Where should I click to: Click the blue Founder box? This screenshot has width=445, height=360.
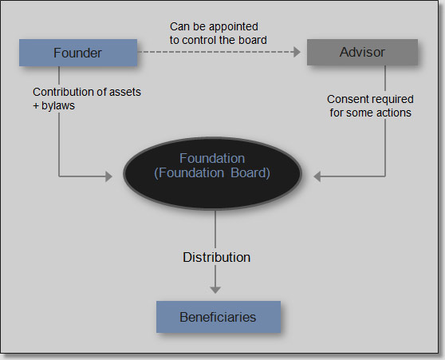click(x=77, y=53)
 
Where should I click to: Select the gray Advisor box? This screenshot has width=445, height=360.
click(x=362, y=53)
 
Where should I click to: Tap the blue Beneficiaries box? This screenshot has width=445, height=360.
click(x=218, y=317)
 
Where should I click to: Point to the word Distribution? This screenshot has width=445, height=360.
click(x=216, y=257)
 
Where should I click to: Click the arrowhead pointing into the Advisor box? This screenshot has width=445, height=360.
click(x=301, y=53)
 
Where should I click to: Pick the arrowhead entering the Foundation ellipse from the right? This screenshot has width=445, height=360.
click(x=317, y=176)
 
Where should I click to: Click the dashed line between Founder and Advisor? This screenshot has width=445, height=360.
click(x=215, y=53)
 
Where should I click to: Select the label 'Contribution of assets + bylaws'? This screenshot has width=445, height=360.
click(x=87, y=99)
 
